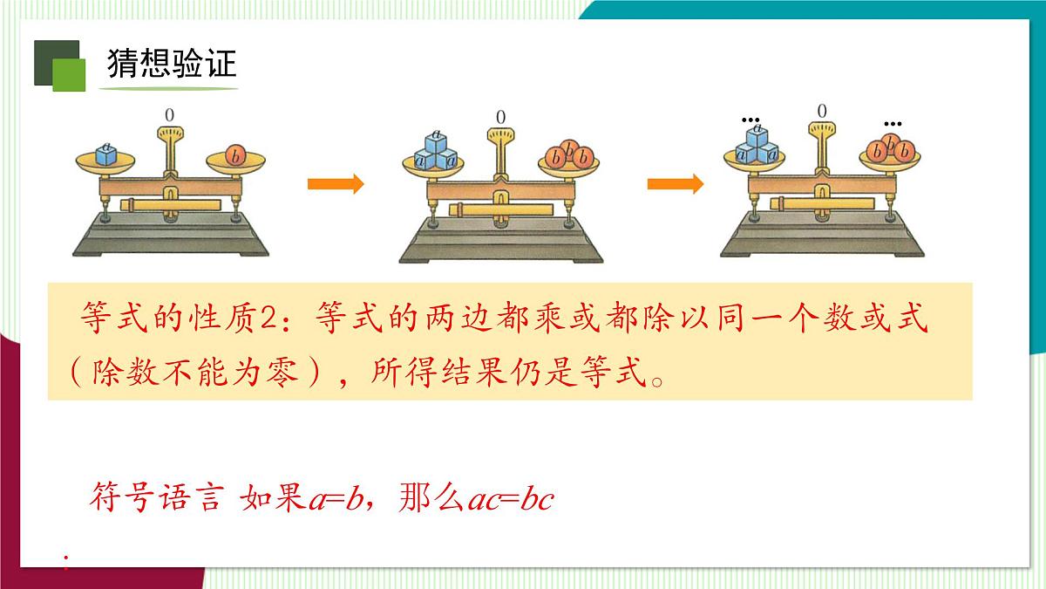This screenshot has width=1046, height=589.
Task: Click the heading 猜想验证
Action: pyautogui.click(x=172, y=64)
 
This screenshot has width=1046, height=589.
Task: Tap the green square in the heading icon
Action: pyautogui.click(x=70, y=75)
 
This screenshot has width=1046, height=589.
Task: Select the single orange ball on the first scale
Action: pyautogui.click(x=235, y=155)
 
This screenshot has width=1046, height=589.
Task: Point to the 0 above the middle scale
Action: pyautogui.click(x=500, y=116)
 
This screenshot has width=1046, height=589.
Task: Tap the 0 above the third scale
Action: pyautogui.click(x=821, y=111)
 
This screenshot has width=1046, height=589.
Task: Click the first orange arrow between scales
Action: pyautogui.click(x=335, y=184)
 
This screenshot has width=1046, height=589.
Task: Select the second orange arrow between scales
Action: pyautogui.click(x=675, y=184)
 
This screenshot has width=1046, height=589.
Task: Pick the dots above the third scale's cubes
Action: pyautogui.click(x=749, y=119)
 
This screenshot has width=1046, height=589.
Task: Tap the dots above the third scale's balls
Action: pyautogui.click(x=893, y=123)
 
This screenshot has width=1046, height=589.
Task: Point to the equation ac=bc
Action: pyautogui.click(x=511, y=501)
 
